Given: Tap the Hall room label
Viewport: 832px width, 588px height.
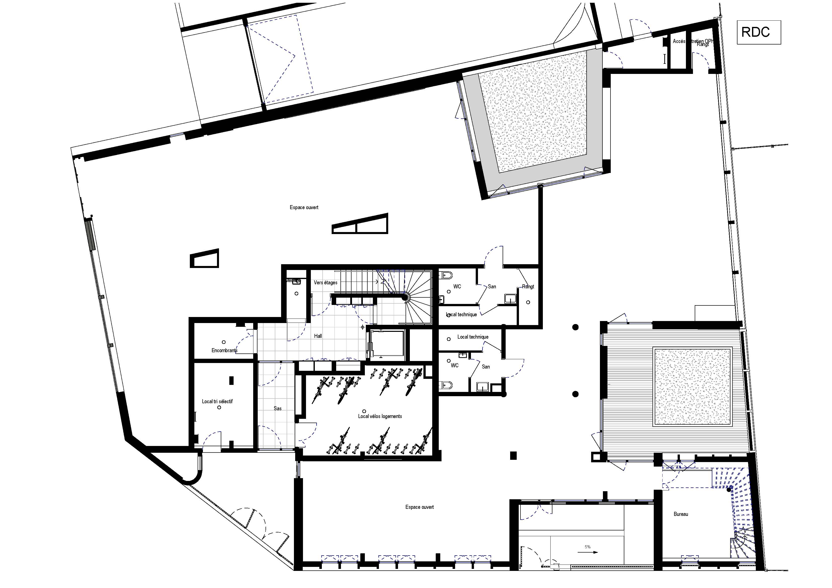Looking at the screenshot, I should point(318,336).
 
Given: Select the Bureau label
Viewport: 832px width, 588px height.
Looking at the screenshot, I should point(681,514).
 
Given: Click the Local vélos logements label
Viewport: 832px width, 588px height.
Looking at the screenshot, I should point(380,416).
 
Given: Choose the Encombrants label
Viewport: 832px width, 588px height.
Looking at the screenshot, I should point(224,350).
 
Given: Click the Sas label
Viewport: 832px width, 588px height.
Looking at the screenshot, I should point(278,408).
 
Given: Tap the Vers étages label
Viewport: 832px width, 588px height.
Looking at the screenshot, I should point(325,283).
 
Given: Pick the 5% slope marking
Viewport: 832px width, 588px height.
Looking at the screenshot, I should point(587,547).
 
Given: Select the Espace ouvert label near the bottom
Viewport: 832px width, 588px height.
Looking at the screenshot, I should point(419,507).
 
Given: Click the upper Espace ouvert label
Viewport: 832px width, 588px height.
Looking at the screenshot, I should point(304,207).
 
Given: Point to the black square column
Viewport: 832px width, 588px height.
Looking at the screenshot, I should point(513,456).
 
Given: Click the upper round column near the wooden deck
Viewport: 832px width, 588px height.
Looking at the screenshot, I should point(575,327).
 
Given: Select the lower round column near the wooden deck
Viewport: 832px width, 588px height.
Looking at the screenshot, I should point(575,394).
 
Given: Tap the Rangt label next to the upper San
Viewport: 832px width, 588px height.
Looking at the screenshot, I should point(528,287).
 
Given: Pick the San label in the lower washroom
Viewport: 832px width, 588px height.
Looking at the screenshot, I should point(486,367).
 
